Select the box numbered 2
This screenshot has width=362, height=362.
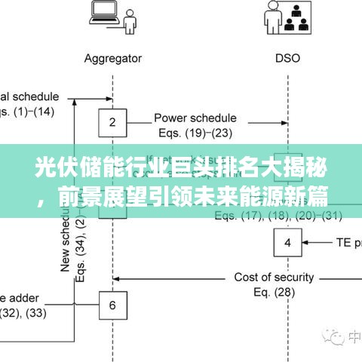(x=112, y=121)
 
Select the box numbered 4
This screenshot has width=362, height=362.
(x=287, y=243)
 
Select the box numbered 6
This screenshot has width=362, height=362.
(x=112, y=305)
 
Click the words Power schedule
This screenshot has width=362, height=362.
(x=195, y=118)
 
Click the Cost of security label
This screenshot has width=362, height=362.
(x=274, y=277)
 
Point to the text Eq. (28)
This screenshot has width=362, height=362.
(x=274, y=292)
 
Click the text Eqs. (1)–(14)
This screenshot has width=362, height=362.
(x=28, y=112)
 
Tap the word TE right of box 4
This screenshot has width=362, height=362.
(x=343, y=243)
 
